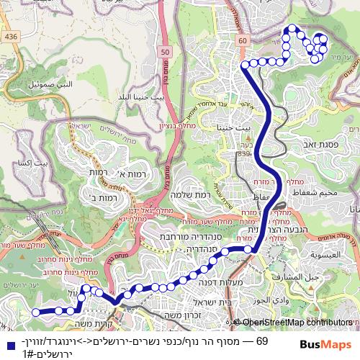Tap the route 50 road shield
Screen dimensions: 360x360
[x=166, y=52]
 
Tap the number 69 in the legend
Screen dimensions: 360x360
[x=262, y=341]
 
